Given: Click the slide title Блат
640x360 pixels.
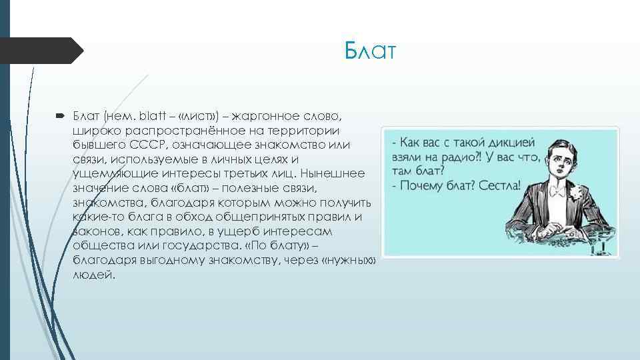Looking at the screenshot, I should [370, 51].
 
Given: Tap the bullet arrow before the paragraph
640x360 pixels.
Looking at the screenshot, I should [59, 116].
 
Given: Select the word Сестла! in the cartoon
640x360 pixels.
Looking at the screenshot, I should [499, 185].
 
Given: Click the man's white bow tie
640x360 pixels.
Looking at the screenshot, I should [557, 193].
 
